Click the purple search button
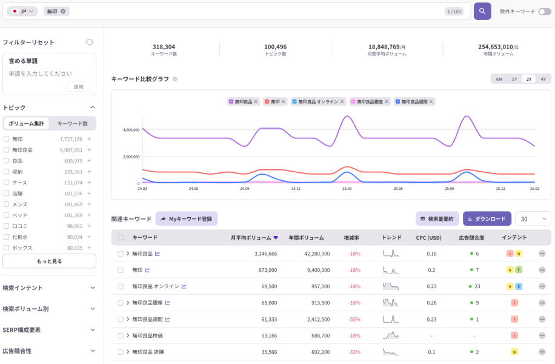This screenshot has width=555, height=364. pos(482,12)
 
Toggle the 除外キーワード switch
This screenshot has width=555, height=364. pos(545,12)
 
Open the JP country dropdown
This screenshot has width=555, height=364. pos(22,12)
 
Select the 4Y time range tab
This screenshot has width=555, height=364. pos(543,79)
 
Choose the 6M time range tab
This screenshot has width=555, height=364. pos(499,79)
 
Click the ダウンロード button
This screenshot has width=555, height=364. pos(487,219)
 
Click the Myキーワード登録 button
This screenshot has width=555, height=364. pos(186,219)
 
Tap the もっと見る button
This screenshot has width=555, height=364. pos(49,261)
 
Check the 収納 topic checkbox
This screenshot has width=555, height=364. pos(7,172)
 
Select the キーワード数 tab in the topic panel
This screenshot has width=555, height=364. pos(73,123)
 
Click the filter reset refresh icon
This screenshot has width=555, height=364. pos(89,42)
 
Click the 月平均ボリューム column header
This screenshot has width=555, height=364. pos(254,238)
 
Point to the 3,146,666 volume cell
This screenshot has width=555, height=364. pos(262,254)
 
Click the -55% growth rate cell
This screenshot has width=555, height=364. pos(354,319)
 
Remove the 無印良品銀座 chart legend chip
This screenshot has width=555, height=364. pos(388,101)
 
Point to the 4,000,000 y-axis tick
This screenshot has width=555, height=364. pos(131,130)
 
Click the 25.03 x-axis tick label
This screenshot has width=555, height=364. pos(347,189)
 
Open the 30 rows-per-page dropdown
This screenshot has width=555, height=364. pos(533,219)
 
